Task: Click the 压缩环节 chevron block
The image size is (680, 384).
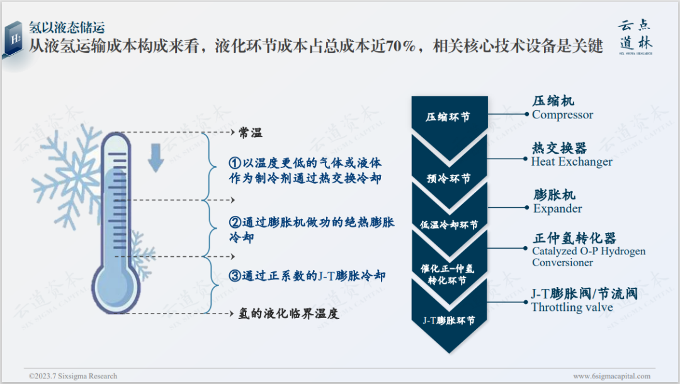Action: tap(448, 116)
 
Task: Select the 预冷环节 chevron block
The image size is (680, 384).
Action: tap(448, 178)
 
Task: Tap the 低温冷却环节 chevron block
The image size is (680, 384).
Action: tap(448, 225)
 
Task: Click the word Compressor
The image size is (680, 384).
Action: tap(562, 115)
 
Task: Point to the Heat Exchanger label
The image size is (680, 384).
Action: tap(572, 162)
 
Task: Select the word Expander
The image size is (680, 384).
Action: tap(557, 209)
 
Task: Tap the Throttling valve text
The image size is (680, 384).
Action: tap(572, 307)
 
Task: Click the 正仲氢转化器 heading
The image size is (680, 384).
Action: tap(574, 239)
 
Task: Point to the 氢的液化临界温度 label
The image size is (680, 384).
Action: tap(289, 313)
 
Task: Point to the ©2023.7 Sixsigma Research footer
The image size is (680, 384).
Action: tap(72, 376)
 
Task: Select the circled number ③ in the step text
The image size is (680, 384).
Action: tap(234, 276)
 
